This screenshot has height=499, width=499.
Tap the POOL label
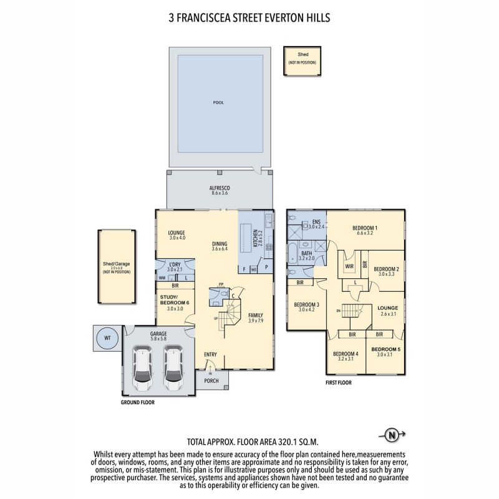218,102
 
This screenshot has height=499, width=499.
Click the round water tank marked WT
107,339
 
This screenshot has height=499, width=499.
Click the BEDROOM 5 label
385,349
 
